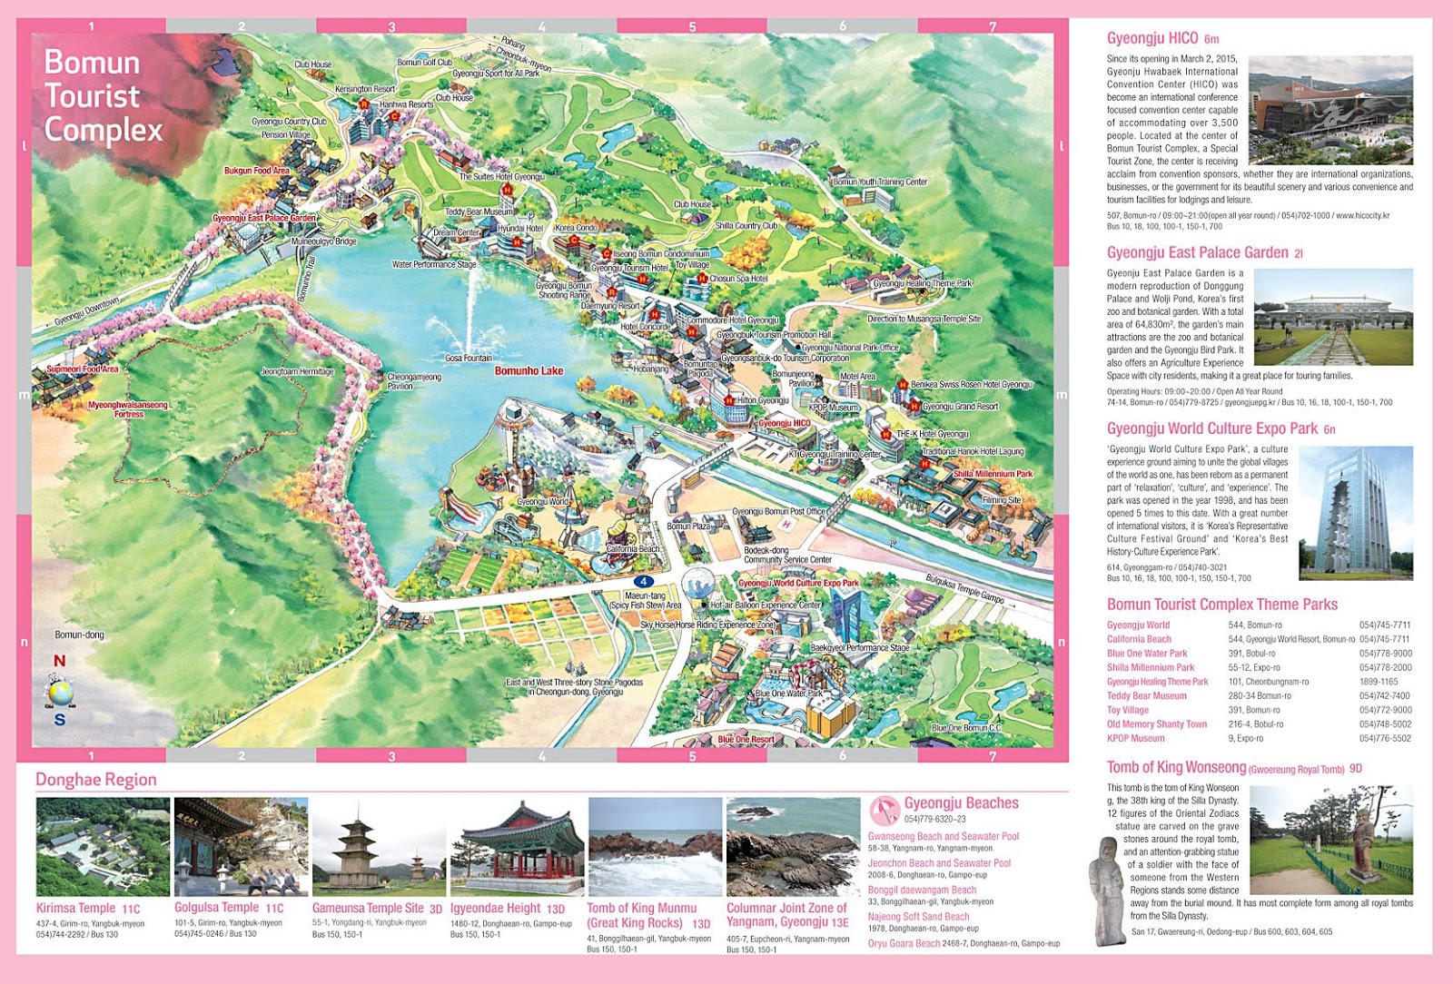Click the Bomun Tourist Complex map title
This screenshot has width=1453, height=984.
pos(103,96)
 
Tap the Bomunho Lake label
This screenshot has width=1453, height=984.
pos(529,371)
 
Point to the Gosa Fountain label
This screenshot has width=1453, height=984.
pos(469,359)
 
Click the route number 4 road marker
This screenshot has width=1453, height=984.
pos(643,581)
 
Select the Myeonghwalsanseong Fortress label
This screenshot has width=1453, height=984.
pos(128,409)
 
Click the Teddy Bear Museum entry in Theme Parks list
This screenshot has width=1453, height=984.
pos(1146,696)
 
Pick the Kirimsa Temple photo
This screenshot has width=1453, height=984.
pos(103,847)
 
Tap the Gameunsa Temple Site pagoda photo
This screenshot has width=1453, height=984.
pos(379,847)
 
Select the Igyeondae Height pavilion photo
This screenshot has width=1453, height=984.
pos(517,847)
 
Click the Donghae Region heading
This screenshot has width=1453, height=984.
pos(95,780)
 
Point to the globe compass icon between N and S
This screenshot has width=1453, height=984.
pos(60,694)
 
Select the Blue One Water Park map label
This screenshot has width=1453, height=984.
pos(788,694)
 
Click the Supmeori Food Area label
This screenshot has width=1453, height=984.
pos(83,369)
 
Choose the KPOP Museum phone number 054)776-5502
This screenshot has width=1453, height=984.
pos(1385,739)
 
